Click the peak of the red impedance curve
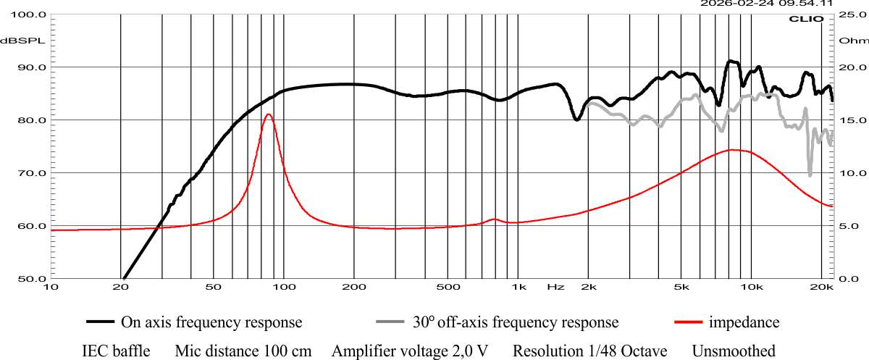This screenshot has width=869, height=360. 269,114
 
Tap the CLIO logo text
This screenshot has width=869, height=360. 805,19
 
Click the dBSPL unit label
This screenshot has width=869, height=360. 22,40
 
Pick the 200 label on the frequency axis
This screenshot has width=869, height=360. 354,287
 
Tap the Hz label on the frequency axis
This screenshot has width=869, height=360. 555,287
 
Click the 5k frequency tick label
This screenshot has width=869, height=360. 681,287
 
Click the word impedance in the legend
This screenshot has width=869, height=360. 744,322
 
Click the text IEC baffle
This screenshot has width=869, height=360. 116,351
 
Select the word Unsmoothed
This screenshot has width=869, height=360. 734,351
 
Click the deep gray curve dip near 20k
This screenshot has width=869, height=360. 810,175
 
